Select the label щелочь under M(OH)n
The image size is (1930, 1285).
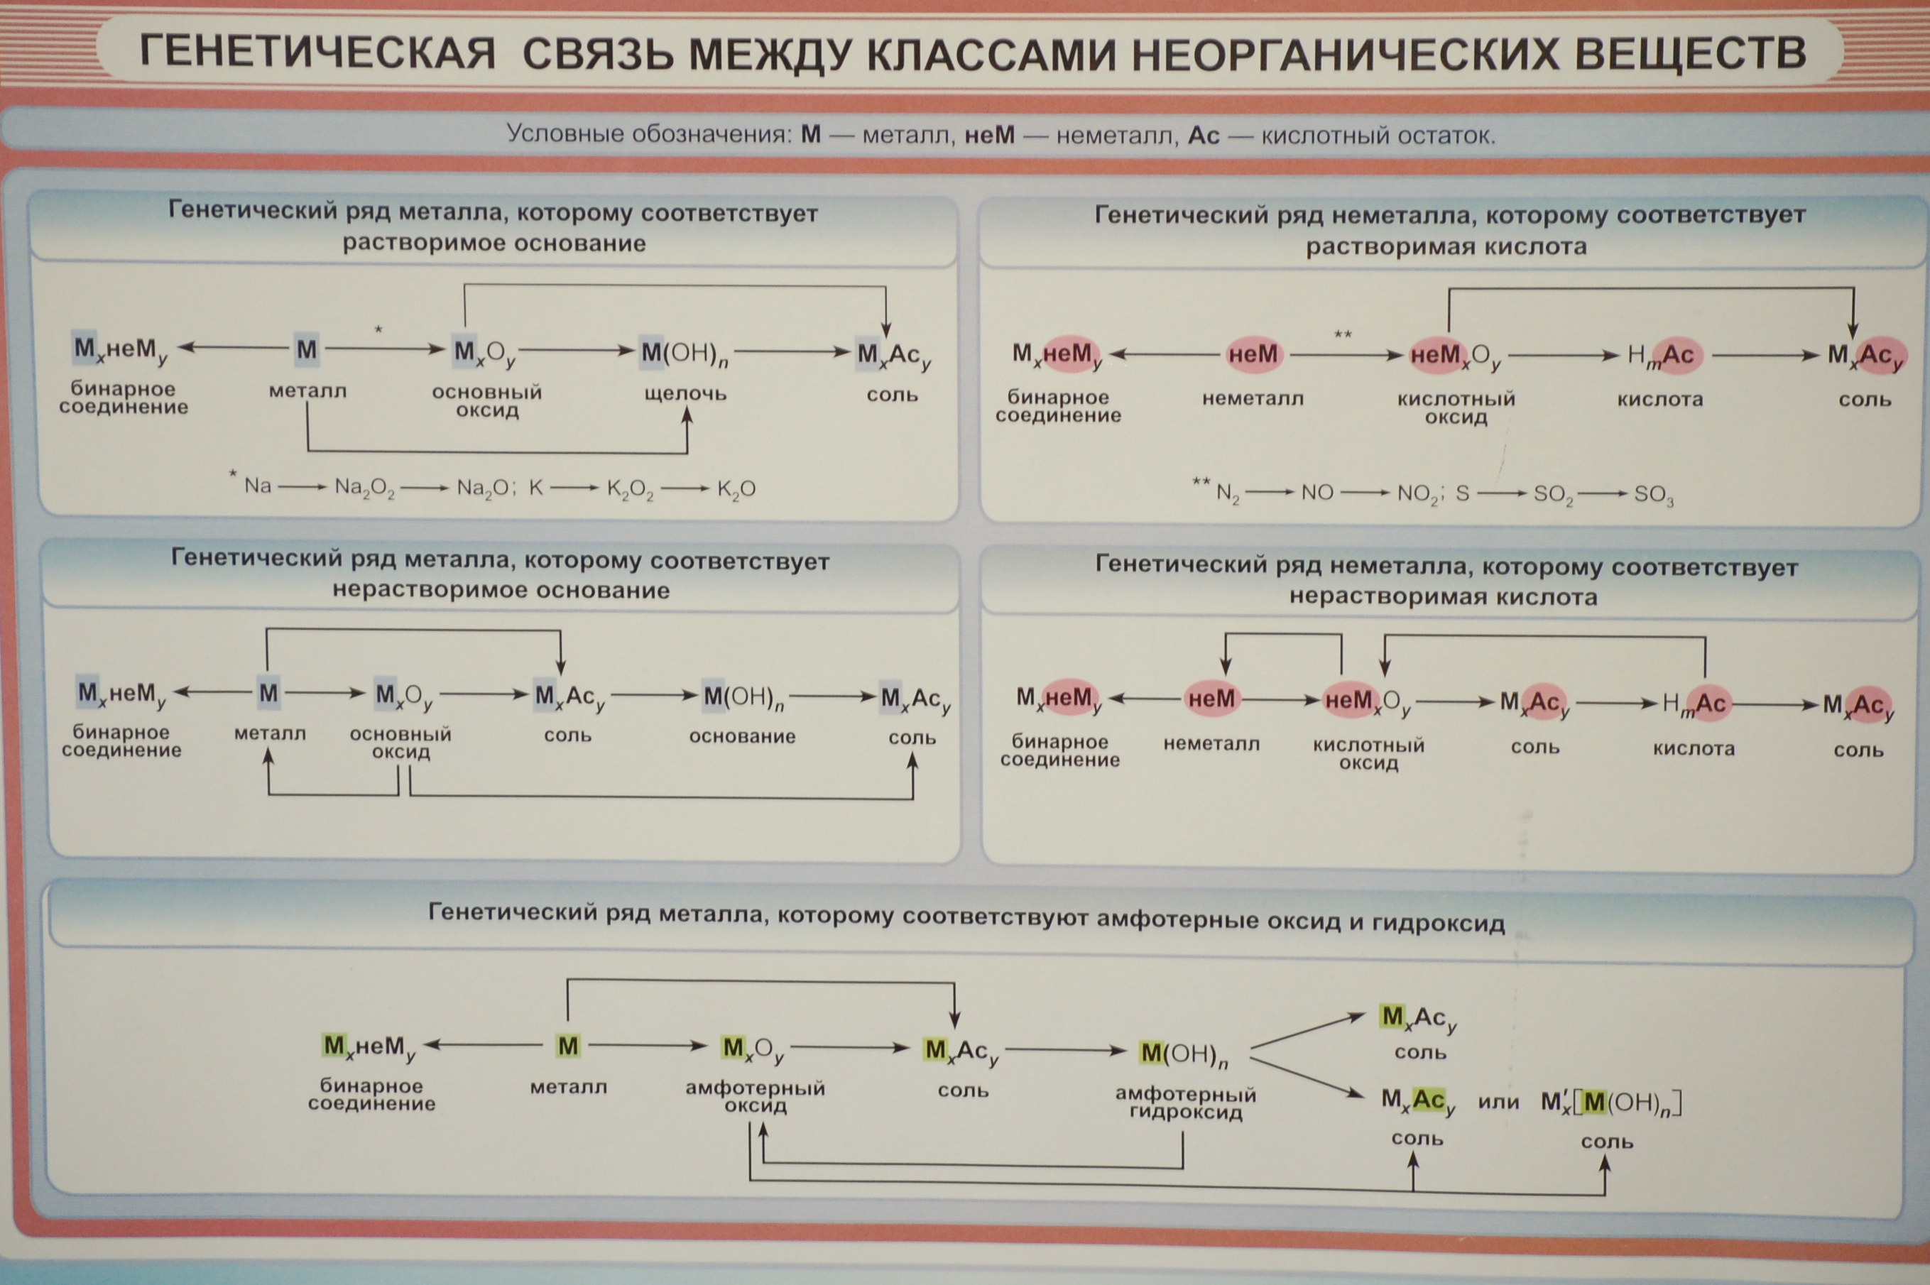click(x=686, y=394)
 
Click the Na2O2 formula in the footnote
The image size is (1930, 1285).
click(x=365, y=488)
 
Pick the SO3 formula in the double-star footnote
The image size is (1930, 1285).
click(x=1653, y=496)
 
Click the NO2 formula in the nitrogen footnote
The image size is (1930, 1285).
click(x=1417, y=495)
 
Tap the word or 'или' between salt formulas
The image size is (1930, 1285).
click(x=1498, y=1103)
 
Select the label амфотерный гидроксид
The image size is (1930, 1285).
click(x=1186, y=1103)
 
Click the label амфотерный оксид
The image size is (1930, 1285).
click(x=756, y=1098)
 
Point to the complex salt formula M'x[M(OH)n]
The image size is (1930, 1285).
click(x=1611, y=1103)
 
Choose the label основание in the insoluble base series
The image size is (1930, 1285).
click(x=743, y=737)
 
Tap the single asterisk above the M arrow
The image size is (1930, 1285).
click(x=378, y=330)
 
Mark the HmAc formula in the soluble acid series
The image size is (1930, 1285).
click(x=1661, y=356)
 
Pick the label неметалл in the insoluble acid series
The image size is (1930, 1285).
click(x=1211, y=744)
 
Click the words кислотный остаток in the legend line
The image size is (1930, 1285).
click(x=1378, y=135)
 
